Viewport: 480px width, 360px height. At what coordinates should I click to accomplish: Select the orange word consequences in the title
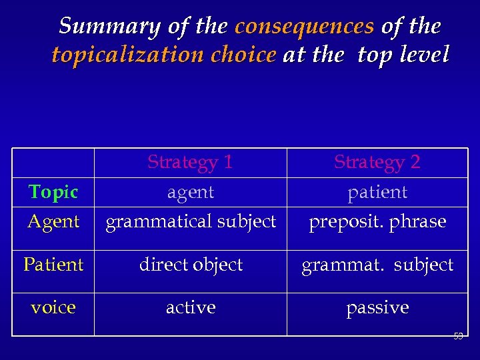(x=304, y=27)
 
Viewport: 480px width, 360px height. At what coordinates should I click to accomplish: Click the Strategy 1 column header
(x=190, y=162)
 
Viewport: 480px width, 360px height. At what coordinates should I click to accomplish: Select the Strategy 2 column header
(x=377, y=162)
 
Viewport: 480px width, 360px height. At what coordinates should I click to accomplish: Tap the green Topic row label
(x=53, y=192)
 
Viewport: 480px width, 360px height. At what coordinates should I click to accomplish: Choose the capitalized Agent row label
(x=53, y=221)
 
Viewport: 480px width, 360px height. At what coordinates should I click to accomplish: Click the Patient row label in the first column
(x=53, y=265)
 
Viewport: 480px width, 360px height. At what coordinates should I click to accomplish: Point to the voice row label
(x=53, y=307)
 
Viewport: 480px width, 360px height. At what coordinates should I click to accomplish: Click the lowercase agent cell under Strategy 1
(x=191, y=193)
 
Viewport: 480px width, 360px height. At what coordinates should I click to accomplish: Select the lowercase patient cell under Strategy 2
(x=377, y=193)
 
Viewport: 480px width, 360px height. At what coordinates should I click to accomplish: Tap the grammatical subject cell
(x=191, y=221)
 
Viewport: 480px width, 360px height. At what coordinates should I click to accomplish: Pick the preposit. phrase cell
(x=377, y=221)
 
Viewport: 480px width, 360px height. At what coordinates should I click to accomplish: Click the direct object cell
(x=191, y=265)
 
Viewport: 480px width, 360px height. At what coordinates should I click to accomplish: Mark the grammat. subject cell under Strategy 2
(x=377, y=265)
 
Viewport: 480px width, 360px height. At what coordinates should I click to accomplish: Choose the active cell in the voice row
(x=191, y=307)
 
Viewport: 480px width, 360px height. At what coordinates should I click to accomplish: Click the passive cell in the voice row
(x=377, y=307)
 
